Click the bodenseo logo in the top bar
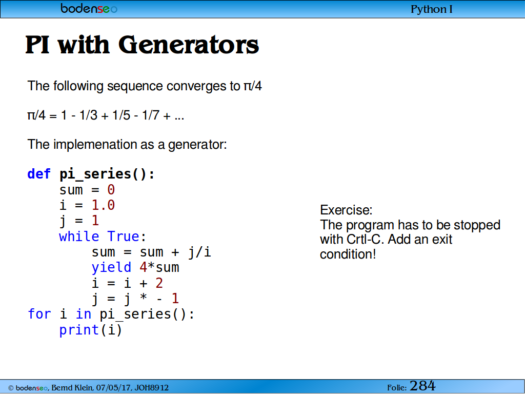89,8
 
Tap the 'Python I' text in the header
431,9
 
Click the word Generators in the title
189,45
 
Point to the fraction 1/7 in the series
150,115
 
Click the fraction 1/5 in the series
121,115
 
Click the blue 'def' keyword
39,174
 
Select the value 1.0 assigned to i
103,205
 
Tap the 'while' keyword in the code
79,237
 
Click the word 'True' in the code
123,237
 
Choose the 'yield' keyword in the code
111,267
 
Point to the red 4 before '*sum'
144,267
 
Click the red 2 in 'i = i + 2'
159,283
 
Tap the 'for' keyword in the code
39,314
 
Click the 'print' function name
79,330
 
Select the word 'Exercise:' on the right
346,210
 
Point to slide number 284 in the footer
422,386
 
